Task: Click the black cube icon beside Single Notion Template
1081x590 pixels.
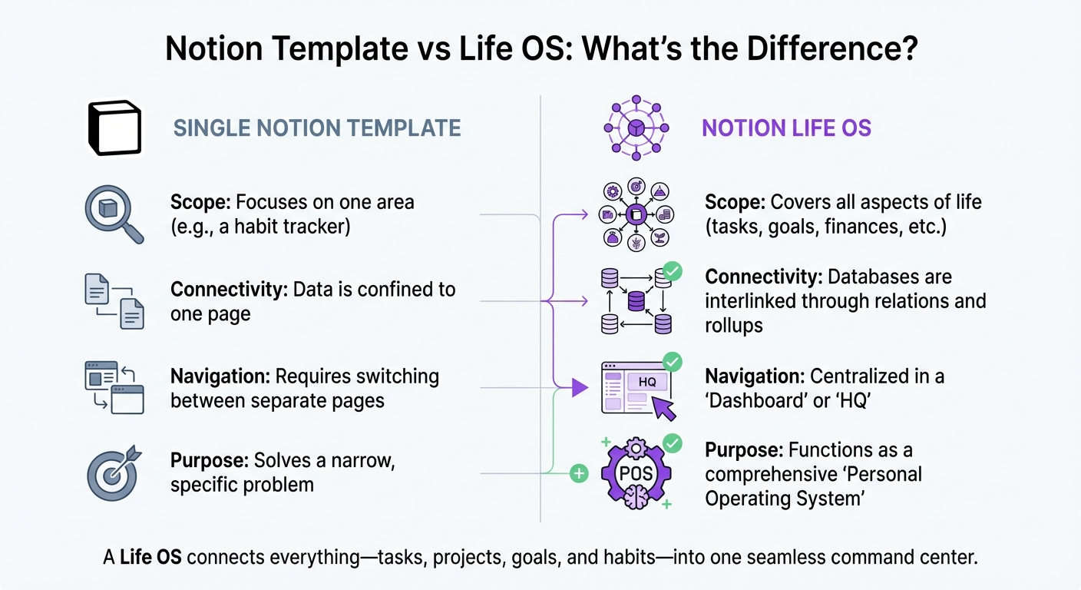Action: pyautogui.click(x=114, y=128)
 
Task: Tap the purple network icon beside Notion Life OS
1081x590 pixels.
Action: pyautogui.click(x=636, y=128)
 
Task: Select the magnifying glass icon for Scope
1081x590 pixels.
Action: pyautogui.click(x=112, y=214)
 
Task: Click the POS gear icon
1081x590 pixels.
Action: pyautogui.click(x=636, y=473)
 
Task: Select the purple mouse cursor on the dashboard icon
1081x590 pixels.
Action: pyautogui.click(x=665, y=409)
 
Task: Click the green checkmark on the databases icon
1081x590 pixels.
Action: pyautogui.click(x=672, y=270)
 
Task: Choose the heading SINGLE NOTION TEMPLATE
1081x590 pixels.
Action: pyautogui.click(x=317, y=128)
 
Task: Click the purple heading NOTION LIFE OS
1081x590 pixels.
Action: pyautogui.click(x=786, y=128)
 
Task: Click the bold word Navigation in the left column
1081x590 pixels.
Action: pyautogui.click(x=220, y=377)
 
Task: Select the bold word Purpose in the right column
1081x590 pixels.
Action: pyautogui.click(x=744, y=449)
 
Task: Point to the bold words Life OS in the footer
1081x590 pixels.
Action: pyautogui.click(x=151, y=557)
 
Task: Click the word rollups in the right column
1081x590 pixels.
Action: pyautogui.click(x=734, y=325)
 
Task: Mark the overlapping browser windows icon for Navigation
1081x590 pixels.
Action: pyautogui.click(x=114, y=388)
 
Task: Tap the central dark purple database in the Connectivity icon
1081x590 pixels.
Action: pyautogui.click(x=636, y=301)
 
